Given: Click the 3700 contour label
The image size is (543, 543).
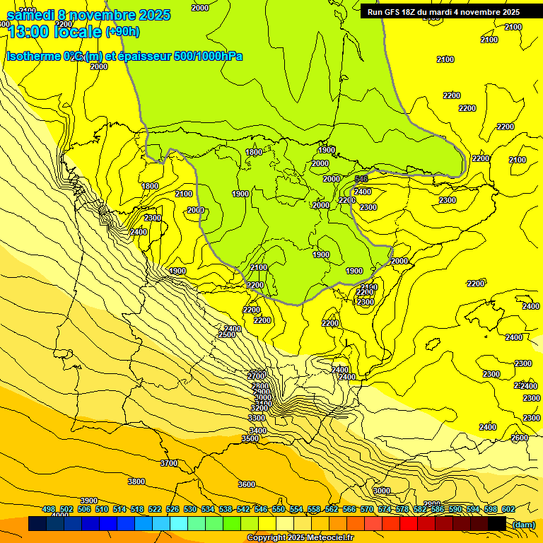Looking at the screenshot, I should [169, 463].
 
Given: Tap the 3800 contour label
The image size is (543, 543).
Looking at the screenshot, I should [136, 481].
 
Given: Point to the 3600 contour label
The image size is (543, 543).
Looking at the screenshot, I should [247, 484].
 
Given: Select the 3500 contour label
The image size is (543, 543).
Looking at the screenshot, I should [250, 439].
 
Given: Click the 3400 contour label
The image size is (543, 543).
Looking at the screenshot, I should [258, 431].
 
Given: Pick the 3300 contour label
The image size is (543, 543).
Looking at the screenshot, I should [257, 418].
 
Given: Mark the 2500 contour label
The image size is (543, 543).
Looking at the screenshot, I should [227, 334].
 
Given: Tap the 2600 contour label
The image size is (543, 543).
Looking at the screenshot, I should [520, 438].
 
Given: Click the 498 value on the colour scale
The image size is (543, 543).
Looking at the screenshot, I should [49, 510].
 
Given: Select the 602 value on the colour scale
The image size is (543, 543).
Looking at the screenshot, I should [508, 510].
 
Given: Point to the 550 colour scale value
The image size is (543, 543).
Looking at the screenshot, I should [279, 510].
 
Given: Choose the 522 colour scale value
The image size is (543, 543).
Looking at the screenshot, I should [155, 510].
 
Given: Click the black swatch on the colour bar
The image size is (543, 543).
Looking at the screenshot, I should [497, 523].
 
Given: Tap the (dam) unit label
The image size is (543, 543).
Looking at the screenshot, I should [524, 524].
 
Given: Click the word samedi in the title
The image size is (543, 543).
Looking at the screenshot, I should [30, 15].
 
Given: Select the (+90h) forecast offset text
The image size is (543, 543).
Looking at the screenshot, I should [122, 31].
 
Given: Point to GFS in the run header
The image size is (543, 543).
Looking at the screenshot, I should [395, 11].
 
